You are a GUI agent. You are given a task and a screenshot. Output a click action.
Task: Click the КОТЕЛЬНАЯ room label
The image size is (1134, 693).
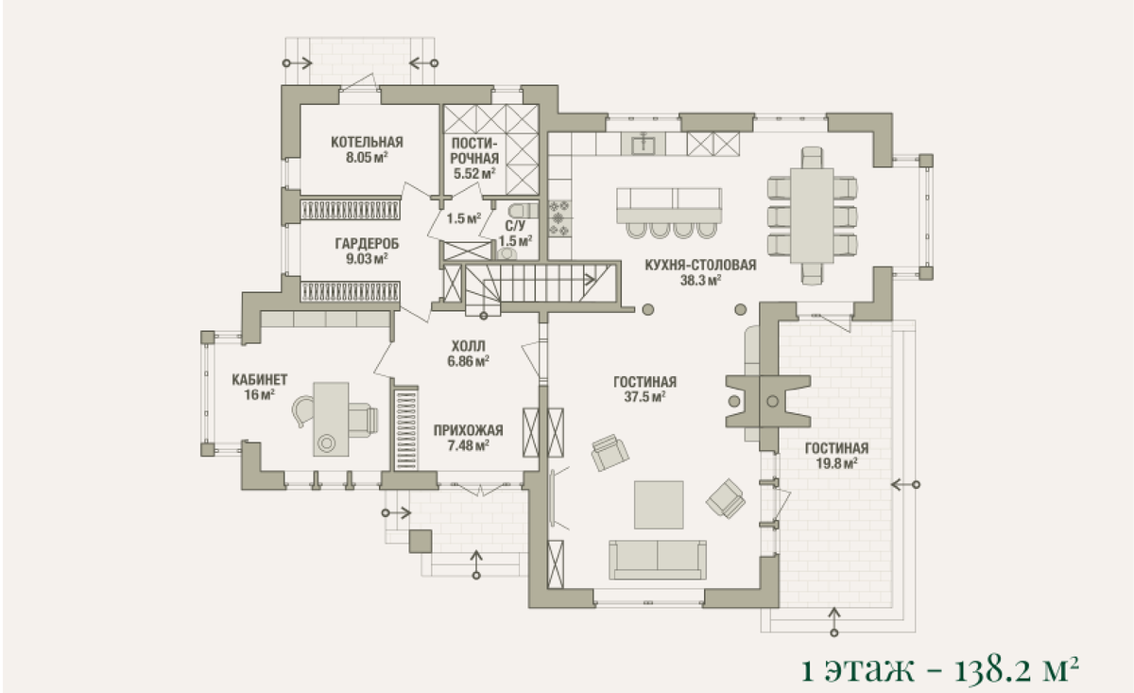coord(367,142)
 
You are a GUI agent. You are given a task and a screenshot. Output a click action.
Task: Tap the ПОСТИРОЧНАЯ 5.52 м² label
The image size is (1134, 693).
coord(473,158)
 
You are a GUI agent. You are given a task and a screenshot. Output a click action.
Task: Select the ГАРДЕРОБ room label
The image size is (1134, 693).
coord(367,244)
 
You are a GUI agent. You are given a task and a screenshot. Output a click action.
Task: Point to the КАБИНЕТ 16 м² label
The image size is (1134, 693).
coord(260,387)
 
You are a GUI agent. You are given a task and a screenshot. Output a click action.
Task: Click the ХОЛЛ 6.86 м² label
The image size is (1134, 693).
coord(469,354)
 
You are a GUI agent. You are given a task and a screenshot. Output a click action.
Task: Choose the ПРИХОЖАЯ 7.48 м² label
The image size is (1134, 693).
coord(469,438)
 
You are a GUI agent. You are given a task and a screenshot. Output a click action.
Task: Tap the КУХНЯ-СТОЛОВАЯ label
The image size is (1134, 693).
coord(700,265)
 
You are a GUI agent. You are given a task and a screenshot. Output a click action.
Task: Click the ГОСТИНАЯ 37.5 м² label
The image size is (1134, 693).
coord(644,390)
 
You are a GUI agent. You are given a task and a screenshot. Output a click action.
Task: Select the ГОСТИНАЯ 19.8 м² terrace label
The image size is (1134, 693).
coord(836,456)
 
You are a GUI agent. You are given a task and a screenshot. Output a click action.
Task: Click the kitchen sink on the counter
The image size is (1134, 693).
coord(644,144)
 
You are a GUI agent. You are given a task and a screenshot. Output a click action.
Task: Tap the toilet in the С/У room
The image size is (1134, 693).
coord(524,210)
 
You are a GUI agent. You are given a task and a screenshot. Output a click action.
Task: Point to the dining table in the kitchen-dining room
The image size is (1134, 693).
coord(812,216)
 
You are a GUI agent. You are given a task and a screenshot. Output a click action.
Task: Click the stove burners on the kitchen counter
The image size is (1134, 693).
coord(558,218)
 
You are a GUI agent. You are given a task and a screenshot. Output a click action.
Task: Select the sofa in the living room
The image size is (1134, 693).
coord(658,560)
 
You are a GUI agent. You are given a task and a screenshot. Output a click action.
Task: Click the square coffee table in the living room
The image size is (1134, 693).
coord(659,505)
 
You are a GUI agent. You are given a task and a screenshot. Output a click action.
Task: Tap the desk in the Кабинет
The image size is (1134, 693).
coord(331,420)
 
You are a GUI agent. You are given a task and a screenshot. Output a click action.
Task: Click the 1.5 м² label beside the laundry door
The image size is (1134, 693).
coord(464,218)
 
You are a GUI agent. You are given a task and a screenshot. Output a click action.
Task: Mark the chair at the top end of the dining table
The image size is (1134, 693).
coord(812,158)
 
